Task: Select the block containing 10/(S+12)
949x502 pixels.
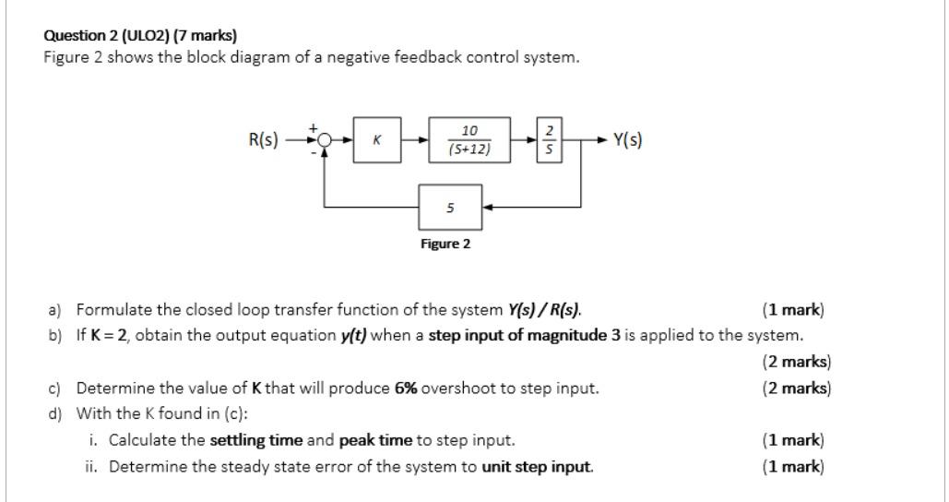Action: [469, 140]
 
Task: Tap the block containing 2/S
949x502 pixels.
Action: [551, 140]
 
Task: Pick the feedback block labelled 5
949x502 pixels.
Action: [450, 208]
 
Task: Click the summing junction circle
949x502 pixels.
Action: [324, 140]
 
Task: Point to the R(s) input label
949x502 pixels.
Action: [264, 140]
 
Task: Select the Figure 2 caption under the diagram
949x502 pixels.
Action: [445, 245]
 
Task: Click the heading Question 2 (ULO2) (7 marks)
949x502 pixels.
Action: [140, 36]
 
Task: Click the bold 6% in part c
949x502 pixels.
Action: [406, 388]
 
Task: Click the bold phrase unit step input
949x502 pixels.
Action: [538, 466]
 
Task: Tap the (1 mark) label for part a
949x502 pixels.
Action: [793, 309]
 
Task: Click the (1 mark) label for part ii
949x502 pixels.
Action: [793, 466]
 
